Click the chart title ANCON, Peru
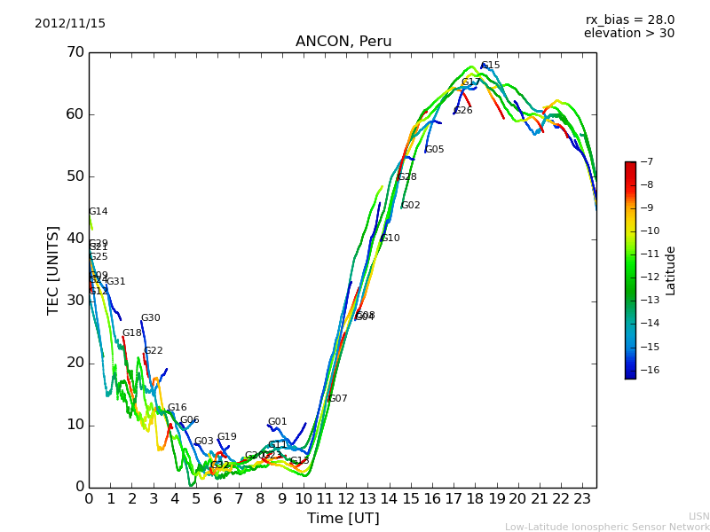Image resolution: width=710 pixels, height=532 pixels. click(x=343, y=42)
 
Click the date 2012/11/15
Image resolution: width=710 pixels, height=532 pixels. click(x=70, y=24)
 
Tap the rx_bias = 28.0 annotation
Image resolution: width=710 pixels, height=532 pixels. click(x=629, y=20)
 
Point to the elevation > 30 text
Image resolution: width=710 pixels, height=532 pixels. click(x=628, y=34)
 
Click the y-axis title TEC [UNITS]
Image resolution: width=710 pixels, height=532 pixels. click(x=53, y=270)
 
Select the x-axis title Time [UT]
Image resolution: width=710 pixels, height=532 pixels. click(x=343, y=519)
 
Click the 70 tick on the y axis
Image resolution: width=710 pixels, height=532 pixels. click(x=75, y=52)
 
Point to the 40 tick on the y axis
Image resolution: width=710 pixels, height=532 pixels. click(x=75, y=239)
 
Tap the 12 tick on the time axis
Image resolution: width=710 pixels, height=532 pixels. click(x=346, y=499)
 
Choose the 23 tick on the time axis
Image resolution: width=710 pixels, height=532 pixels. click(x=582, y=499)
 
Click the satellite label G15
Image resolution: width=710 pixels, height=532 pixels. click(x=490, y=66)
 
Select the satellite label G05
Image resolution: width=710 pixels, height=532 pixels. click(x=435, y=150)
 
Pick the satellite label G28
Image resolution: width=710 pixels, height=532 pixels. click(x=407, y=177)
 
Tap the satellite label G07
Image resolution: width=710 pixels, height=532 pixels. click(x=338, y=399)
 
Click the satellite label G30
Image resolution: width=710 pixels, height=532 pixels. click(x=151, y=318)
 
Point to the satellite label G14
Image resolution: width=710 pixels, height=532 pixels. click(x=99, y=212)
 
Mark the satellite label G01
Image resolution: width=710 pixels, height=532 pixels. click(x=278, y=422)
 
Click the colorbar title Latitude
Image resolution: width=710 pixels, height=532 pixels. click(x=671, y=270)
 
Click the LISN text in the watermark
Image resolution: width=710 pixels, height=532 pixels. click(x=698, y=516)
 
